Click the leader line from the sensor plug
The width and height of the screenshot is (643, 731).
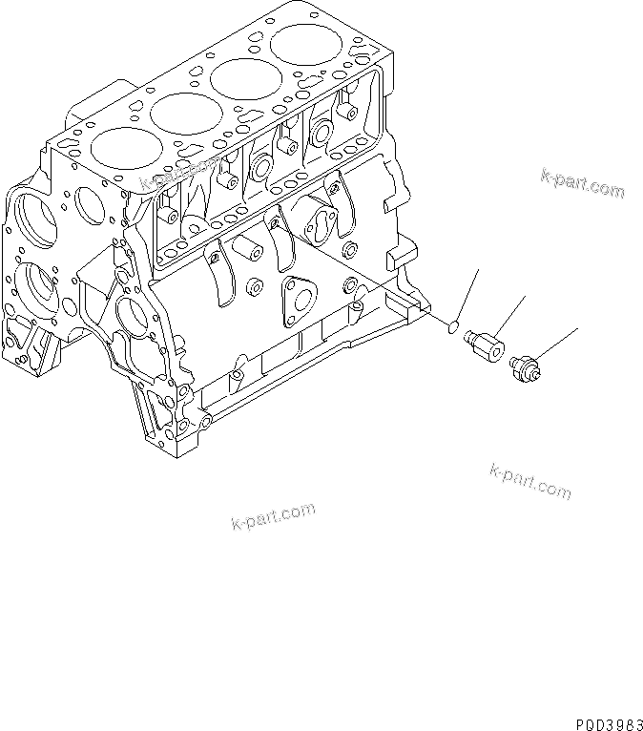pos(558,343)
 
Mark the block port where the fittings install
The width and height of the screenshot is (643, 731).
pos(359,307)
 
